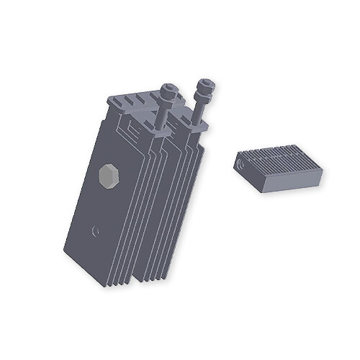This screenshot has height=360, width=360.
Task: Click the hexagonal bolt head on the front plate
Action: click(x=108, y=176)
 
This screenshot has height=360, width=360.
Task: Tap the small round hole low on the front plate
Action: click(x=96, y=231)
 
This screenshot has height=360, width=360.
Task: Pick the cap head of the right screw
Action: click(x=205, y=88)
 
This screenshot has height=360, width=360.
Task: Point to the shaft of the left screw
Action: click(x=165, y=115)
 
